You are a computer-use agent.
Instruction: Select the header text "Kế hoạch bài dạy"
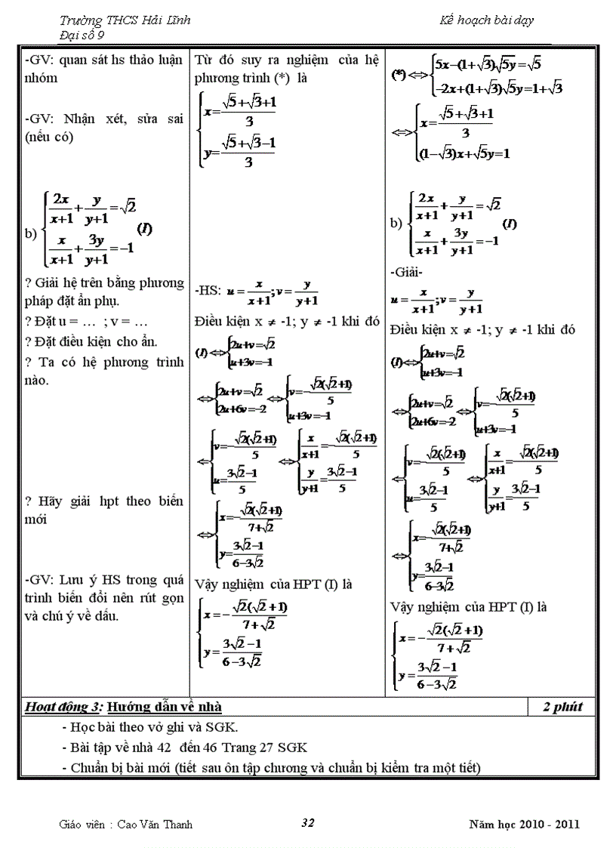click(487, 21)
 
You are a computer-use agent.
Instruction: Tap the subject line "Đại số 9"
click(84, 34)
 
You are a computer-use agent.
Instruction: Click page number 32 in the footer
click(307, 823)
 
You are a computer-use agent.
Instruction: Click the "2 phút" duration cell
click(562, 707)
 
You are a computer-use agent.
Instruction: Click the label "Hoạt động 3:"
click(63, 707)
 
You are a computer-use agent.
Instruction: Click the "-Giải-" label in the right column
click(406, 272)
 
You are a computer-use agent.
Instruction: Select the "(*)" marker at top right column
click(400, 75)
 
